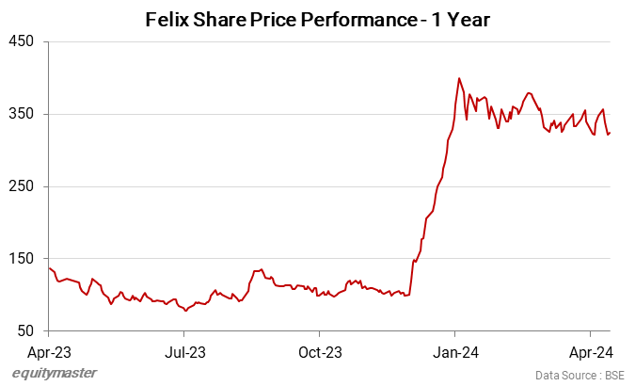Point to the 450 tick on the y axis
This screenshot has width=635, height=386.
pos(22,41)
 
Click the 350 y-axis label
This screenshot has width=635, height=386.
pos(22,114)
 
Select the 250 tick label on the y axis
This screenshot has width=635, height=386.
pos(22,186)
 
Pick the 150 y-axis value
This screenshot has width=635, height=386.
pos(22,259)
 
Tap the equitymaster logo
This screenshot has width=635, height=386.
pos(55,374)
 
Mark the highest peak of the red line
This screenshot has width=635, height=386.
pos(458,78)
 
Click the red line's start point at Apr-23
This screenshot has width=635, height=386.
pos(49,268)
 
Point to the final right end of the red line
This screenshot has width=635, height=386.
pos(610,133)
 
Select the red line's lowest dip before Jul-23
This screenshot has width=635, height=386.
pos(184,310)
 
